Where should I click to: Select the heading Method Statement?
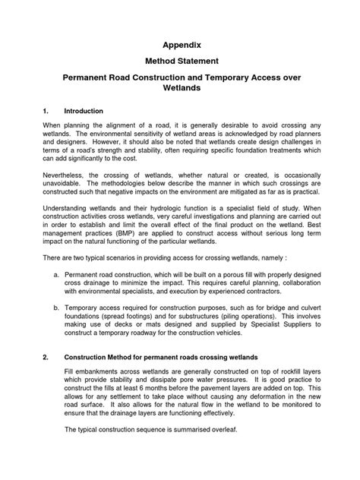[x=180, y=64]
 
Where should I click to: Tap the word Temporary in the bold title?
[x=252, y=79]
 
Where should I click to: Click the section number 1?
[x=46, y=109]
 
